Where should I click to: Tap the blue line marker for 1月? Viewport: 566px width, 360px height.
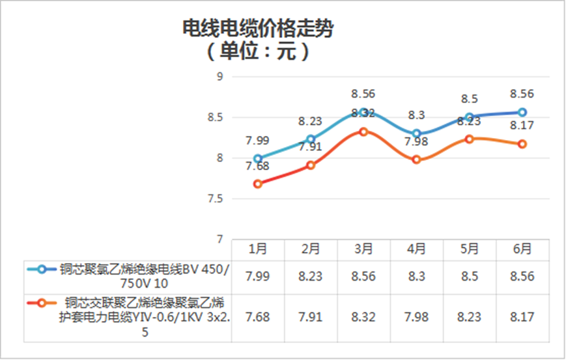[x=258, y=158]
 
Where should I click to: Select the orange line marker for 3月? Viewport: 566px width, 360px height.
[x=364, y=132]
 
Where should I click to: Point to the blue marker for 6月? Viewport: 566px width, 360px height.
[x=522, y=112]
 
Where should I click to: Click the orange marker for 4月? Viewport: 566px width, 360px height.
[x=417, y=159]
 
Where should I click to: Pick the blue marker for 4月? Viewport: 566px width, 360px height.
[x=417, y=133]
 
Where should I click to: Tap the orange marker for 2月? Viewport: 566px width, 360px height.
[x=311, y=165]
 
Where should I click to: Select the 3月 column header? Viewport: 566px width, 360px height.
[x=364, y=249]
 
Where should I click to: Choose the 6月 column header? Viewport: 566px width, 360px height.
[x=522, y=249]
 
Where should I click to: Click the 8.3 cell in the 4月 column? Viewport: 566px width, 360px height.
[x=417, y=277]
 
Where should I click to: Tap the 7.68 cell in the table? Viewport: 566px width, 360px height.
[x=258, y=318]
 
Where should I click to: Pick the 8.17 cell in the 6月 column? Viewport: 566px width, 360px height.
[x=522, y=318]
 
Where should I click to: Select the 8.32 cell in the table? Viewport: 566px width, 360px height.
[x=364, y=318]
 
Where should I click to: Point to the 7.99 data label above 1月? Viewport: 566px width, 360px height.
[x=258, y=141]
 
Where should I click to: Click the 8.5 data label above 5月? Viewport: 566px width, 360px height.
[x=469, y=100]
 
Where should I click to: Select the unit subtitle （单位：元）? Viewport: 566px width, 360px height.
[x=258, y=51]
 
